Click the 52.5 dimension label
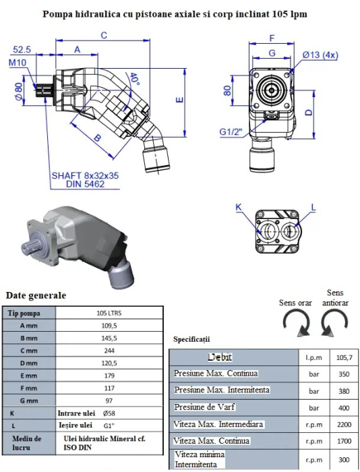point(22,49)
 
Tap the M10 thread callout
point(18,63)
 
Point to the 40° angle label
point(134,79)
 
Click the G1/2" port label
point(231,132)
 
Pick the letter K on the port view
point(239,207)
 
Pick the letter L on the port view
point(313,207)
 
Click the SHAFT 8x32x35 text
point(85,175)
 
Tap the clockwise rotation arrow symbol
point(297,324)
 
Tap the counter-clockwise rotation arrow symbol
point(334,324)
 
